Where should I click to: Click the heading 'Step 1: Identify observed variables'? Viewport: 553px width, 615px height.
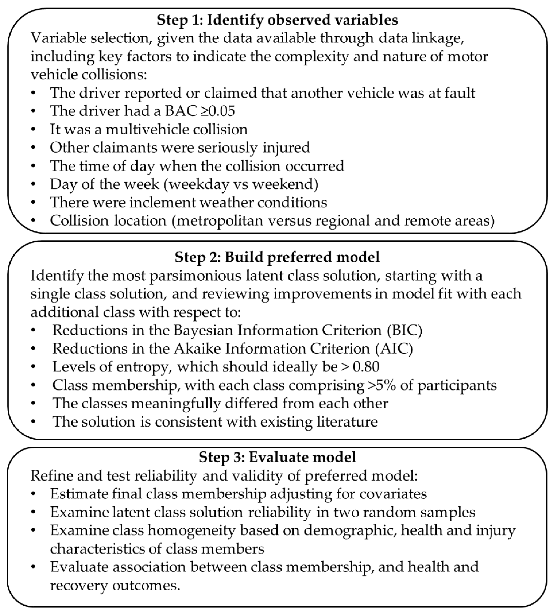tap(277, 20)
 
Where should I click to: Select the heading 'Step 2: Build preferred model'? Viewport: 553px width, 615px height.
tap(277, 257)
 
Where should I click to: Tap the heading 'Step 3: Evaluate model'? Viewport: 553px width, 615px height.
tap(277, 457)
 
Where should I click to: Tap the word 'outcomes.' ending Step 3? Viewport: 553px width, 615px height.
tap(146, 585)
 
